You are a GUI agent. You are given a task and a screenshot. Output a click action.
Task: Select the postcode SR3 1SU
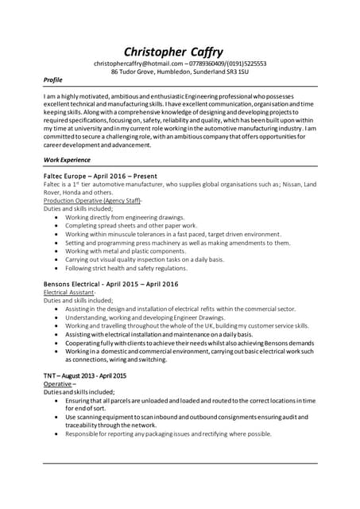(235, 72)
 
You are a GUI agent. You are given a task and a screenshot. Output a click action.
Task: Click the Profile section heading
(52, 81)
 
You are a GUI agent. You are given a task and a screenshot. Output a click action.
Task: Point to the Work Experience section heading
(67, 160)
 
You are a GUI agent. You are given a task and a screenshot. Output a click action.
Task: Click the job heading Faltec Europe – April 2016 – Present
(100, 176)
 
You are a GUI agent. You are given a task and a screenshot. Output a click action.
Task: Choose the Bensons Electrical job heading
(110, 284)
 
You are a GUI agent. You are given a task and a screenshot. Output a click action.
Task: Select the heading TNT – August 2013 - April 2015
(84, 375)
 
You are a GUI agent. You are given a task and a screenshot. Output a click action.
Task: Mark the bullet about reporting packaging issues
(168, 434)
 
